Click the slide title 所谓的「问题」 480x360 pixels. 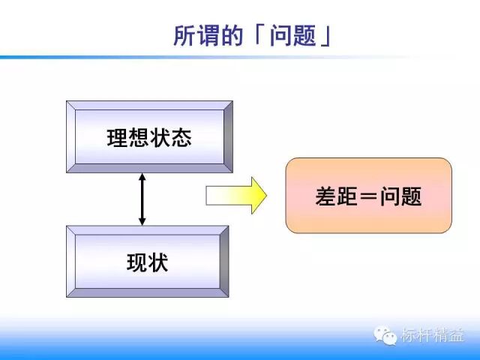coord(253,35)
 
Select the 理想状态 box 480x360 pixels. coord(148,137)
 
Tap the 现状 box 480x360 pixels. coord(148,262)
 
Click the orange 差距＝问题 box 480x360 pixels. coord(368,196)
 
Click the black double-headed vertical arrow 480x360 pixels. coord(142,199)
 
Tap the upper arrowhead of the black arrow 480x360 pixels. coord(142,178)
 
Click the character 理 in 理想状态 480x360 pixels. coord(116,138)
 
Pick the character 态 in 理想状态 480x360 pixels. coord(181,138)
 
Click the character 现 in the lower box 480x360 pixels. coord(137,262)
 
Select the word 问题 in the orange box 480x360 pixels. coord(401,196)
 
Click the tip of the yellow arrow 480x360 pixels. coord(266,196)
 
